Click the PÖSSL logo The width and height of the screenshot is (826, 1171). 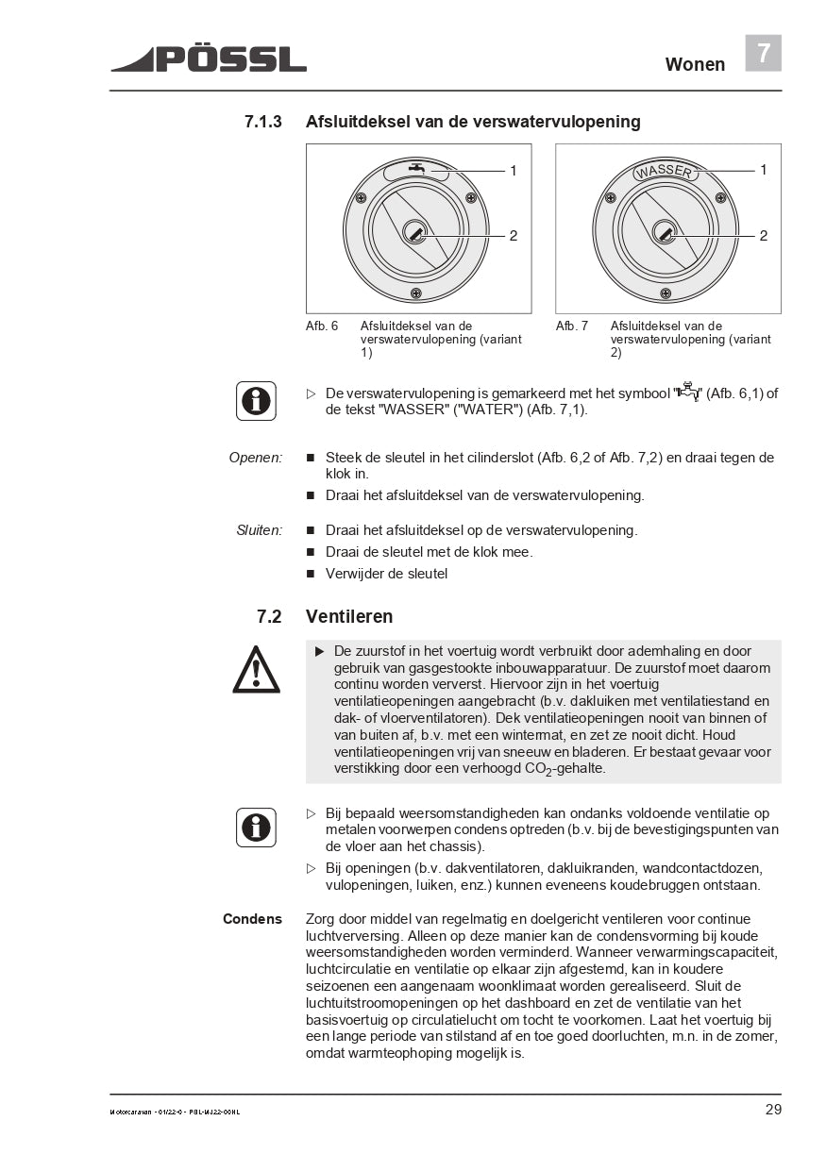click(209, 59)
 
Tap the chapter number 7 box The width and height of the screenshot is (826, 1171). click(763, 53)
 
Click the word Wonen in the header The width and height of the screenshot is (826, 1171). click(695, 64)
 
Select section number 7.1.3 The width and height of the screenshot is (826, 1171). click(263, 122)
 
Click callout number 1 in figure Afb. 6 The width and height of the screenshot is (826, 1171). click(514, 171)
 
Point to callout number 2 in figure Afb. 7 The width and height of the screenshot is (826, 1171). click(763, 235)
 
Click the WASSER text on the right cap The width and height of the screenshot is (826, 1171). click(664, 172)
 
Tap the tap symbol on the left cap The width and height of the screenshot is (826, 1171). click(415, 169)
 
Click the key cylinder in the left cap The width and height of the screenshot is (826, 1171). click(414, 232)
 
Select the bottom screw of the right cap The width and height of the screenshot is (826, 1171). click(666, 293)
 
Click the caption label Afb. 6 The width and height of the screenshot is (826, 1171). click(322, 326)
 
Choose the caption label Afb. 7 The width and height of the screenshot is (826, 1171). click(572, 326)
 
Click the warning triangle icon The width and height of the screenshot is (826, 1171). click(256, 670)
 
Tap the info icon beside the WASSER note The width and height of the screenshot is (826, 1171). click(256, 401)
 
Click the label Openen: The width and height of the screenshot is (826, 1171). click(255, 458)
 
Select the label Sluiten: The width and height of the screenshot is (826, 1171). click(259, 530)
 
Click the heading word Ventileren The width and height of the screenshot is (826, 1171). click(349, 616)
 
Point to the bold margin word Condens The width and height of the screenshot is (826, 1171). click(252, 919)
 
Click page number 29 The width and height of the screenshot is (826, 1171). click(772, 1110)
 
